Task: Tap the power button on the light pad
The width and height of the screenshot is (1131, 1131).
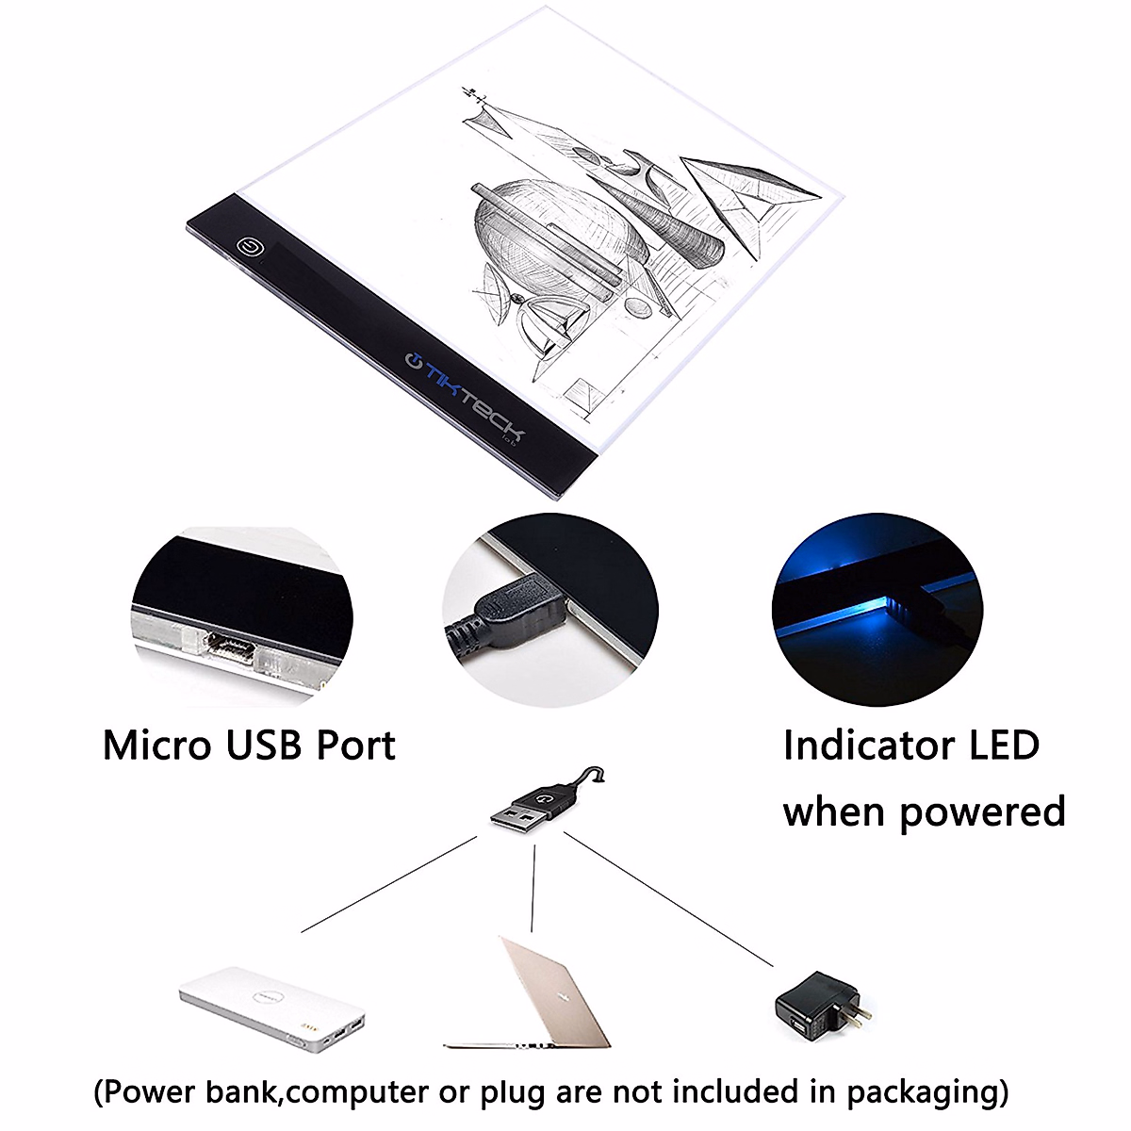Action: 251,248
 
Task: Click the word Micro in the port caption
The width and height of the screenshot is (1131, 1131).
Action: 156,745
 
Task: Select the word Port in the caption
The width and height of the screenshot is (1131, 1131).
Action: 355,745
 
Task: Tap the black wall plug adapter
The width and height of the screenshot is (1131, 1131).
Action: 816,1008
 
